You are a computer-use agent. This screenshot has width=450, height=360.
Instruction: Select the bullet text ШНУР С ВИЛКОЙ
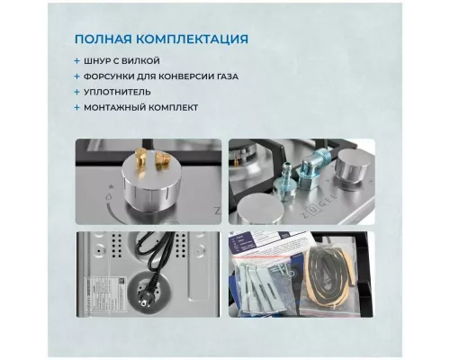coord(125,60)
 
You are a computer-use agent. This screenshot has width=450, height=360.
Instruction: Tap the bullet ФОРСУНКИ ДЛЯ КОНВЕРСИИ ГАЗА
coord(166,76)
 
